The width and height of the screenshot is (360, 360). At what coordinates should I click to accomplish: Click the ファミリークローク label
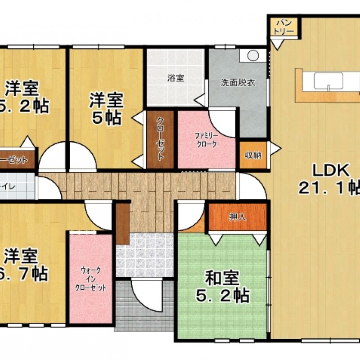point(206,139)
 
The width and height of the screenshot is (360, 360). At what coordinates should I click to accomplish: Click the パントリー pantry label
point(284,27)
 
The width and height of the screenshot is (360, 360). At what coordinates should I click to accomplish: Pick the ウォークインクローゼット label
point(91,279)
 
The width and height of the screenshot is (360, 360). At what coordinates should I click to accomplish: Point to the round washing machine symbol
point(252,55)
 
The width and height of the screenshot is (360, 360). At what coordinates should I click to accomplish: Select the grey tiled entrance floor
point(144,255)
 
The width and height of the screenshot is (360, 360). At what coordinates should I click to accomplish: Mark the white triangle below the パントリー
point(278,44)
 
